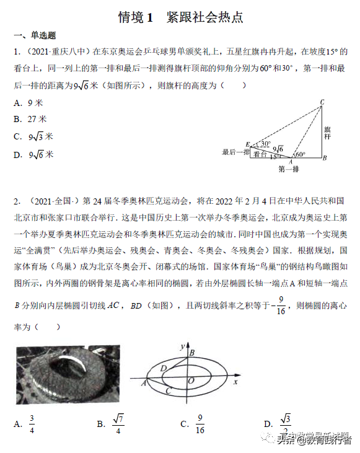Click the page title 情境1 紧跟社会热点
(x=180, y=17)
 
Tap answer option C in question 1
(x=34, y=136)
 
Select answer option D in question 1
(x=34, y=154)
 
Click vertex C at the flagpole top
(x=322, y=102)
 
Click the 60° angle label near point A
(x=301, y=154)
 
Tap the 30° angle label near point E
(x=265, y=144)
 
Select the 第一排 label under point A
(x=289, y=169)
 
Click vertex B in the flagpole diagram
(x=325, y=158)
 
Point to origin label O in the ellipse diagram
(x=191, y=379)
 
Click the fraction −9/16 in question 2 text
(x=279, y=307)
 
